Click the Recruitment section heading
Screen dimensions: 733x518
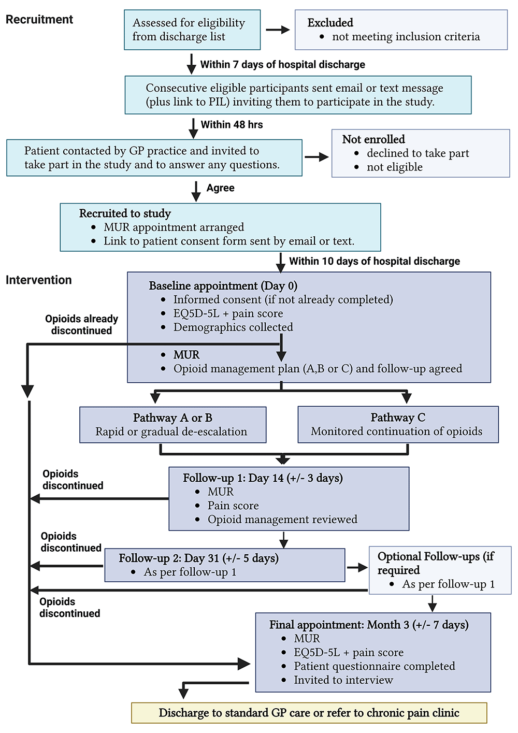(39, 20)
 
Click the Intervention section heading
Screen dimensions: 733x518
(39, 280)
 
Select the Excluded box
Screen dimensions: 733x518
(401, 30)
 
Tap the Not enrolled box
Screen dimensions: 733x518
(420, 153)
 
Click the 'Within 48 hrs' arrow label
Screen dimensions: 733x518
(232, 125)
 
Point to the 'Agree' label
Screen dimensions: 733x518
(220, 188)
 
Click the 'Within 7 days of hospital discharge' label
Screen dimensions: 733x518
(282, 65)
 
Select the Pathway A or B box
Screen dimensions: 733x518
(172, 425)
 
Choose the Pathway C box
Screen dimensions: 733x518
(398, 425)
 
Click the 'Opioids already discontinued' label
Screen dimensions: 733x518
(81, 325)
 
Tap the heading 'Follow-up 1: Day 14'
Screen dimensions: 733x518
(263, 478)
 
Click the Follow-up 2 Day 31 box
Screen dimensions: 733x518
(224, 565)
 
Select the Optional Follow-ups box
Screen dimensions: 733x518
(440, 570)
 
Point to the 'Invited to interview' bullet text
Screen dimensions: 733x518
(343, 680)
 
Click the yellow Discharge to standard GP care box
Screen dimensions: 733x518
(309, 713)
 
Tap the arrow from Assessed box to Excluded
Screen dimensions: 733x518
(278, 30)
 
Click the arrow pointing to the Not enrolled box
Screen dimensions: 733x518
(316, 157)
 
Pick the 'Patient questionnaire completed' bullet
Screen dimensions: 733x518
(375, 666)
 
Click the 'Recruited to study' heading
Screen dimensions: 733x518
(125, 213)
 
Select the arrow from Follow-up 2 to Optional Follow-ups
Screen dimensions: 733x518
(357, 568)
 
